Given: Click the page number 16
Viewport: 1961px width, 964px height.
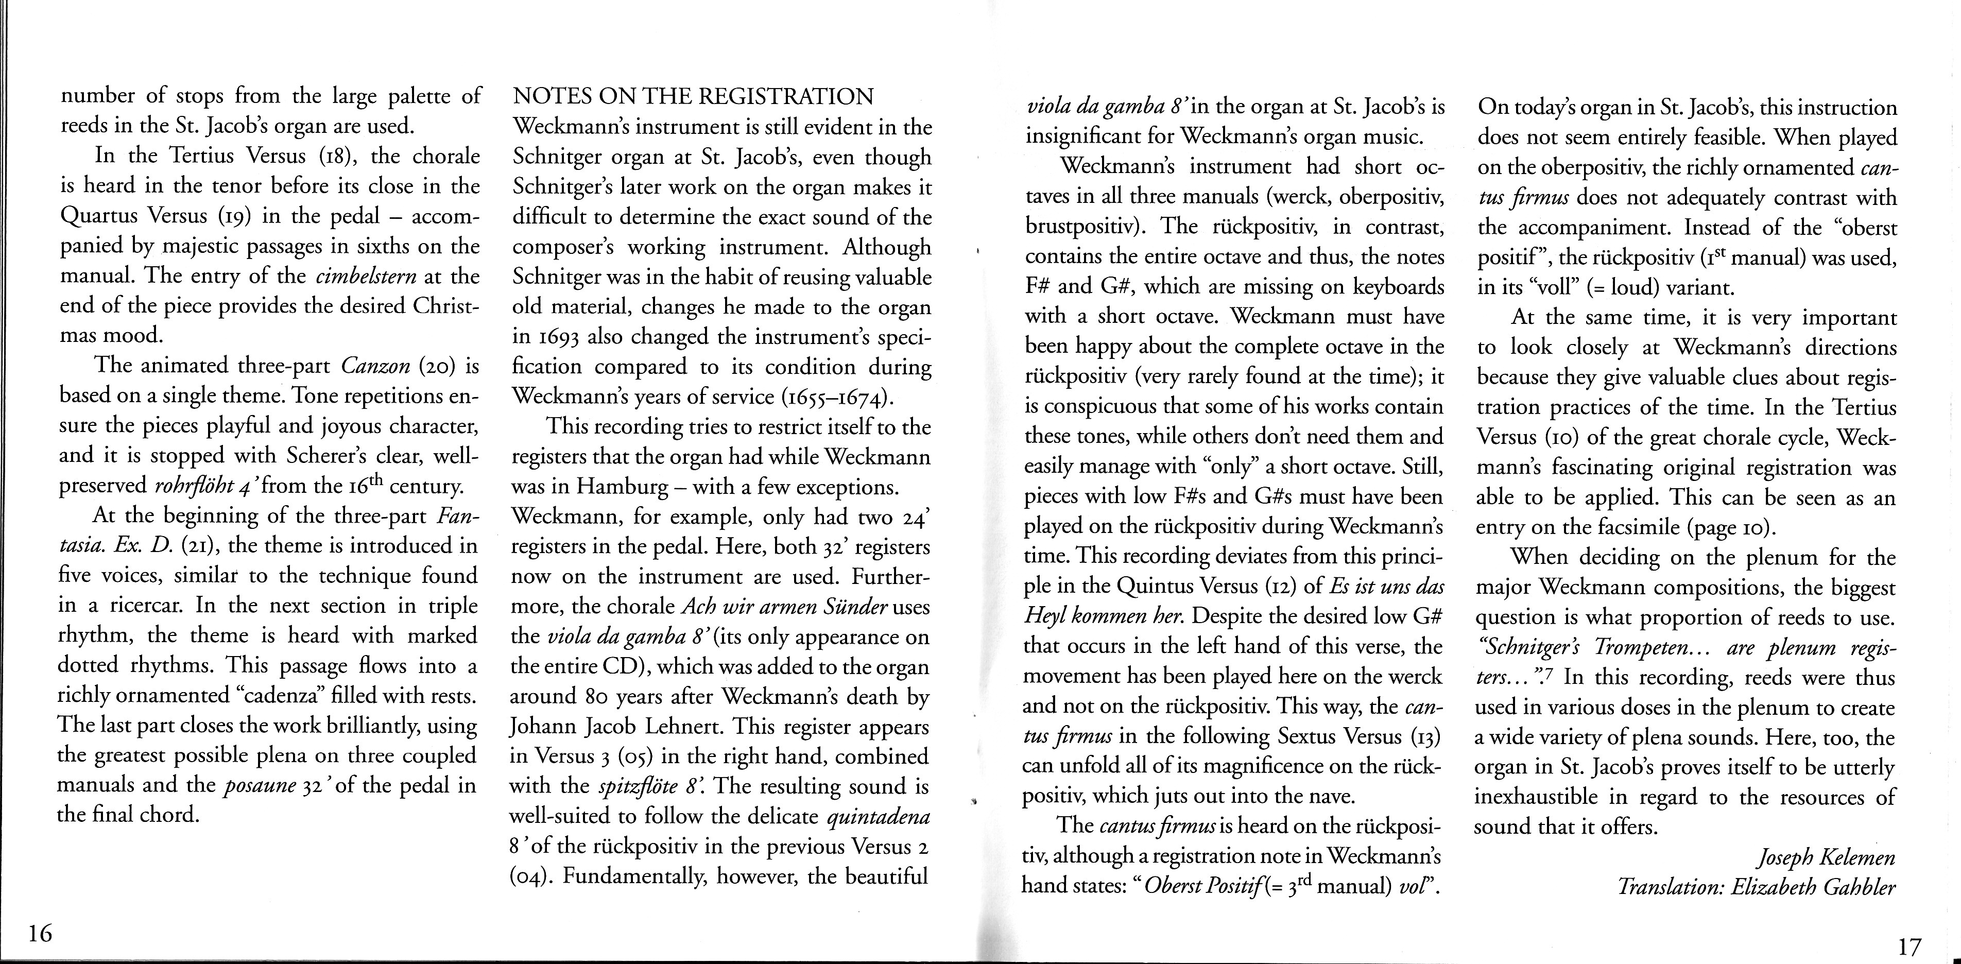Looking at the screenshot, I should [40, 932].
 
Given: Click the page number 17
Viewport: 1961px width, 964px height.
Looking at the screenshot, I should [1909, 947].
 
